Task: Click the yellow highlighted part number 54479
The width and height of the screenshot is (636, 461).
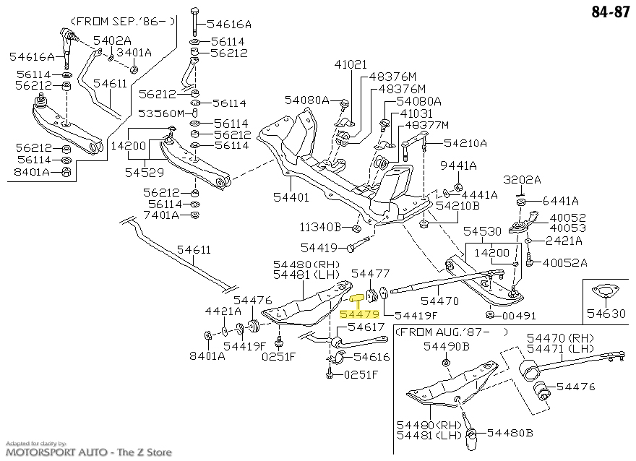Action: pos(359,314)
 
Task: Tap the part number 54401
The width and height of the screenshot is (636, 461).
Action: pos(291,197)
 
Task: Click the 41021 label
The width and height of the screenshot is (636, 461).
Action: pos(351,64)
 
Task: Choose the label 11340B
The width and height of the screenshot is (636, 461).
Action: pos(320,227)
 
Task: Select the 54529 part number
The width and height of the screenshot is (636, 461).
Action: pos(143,173)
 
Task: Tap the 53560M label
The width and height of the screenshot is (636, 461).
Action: pos(163,113)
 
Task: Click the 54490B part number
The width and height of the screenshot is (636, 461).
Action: pos(446,346)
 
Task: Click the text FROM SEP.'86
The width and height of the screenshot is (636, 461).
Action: pos(122,20)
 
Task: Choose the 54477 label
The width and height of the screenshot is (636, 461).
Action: pos(370,274)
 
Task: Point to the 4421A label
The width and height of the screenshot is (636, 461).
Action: pos(223,311)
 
